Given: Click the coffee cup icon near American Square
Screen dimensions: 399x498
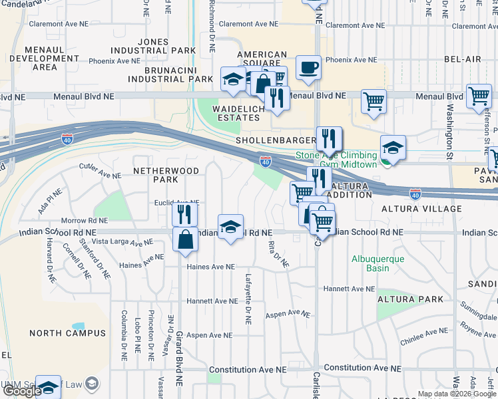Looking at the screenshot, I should [x=308, y=68].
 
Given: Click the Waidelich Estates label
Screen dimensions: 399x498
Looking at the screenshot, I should [x=236, y=113].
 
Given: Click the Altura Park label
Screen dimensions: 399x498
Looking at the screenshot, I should [x=409, y=299].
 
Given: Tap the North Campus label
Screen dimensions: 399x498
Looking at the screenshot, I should [x=67, y=332].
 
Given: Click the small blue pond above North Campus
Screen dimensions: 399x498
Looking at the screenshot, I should [x=79, y=327].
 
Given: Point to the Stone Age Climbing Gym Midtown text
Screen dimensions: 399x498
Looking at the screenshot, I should [x=336, y=160].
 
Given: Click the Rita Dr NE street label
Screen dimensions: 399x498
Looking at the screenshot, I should [x=278, y=254].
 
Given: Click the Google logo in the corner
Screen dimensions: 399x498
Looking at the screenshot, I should [x=22, y=391].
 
